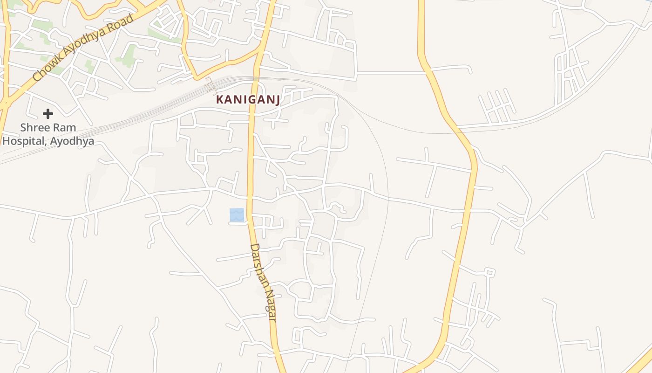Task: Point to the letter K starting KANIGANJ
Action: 219,100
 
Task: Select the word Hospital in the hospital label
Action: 25,141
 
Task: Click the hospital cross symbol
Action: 48,113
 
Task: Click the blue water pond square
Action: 237,215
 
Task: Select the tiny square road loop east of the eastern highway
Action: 489,272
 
